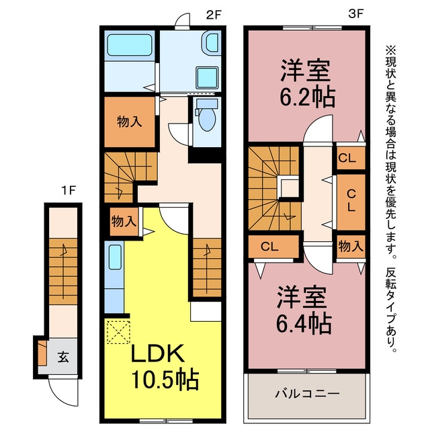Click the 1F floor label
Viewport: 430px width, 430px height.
click(69, 190)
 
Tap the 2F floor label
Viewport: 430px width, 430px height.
click(214, 15)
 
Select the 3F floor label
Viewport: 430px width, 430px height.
click(355, 14)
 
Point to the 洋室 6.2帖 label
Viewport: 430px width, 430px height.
click(307, 83)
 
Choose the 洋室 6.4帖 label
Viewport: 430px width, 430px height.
click(304, 309)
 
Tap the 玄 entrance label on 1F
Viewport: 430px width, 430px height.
click(63, 357)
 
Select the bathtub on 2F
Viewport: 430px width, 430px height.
click(130, 45)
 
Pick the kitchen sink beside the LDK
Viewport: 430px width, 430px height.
click(115, 257)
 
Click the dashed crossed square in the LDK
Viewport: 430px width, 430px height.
click(118, 332)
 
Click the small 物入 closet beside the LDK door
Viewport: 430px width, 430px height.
click(124, 221)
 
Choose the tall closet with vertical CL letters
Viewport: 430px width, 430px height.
click(351, 202)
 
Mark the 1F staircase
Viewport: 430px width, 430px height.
click(63, 271)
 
